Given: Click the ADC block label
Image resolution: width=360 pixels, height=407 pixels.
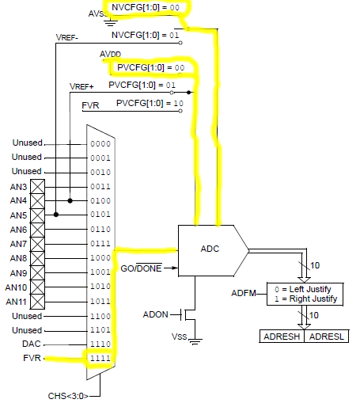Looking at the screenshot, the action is point(210,249).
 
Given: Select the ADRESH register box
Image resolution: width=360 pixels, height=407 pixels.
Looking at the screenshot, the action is point(282,337).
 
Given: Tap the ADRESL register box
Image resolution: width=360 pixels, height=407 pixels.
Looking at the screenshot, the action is point(327,337).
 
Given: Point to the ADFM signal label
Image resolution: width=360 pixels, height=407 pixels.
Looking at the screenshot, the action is point(244,293).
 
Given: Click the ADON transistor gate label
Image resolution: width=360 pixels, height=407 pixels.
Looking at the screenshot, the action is point(156,314).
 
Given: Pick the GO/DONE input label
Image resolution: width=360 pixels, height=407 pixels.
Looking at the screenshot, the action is point(141,268).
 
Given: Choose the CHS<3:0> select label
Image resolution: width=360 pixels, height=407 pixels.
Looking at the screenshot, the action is point(68,396).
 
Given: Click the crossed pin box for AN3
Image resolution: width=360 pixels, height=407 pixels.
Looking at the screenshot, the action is point(37,187).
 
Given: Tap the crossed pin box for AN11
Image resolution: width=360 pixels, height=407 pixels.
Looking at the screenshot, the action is point(37,302).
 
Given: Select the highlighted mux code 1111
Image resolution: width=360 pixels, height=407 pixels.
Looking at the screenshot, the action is point(100,358).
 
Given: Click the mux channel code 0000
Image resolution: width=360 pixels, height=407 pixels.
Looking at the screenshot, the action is point(100,144).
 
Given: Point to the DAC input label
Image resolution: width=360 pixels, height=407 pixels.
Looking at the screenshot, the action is point(32,344).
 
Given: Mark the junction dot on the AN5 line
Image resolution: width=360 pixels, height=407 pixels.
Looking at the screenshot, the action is point(56,215).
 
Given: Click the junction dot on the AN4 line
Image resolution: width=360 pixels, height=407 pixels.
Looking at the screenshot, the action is point(70,200).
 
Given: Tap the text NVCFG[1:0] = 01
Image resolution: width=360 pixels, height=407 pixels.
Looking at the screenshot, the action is point(146,35).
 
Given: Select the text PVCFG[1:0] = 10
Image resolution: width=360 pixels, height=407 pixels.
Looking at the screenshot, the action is point(150,103).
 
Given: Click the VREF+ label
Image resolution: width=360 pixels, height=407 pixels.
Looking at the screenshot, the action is point(81,86).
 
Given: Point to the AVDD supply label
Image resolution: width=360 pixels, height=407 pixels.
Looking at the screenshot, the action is point(110,55).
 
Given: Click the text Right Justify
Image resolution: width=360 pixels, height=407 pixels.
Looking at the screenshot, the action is point(313,299).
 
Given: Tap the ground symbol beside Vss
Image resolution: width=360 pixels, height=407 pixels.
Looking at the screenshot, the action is point(195,341).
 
